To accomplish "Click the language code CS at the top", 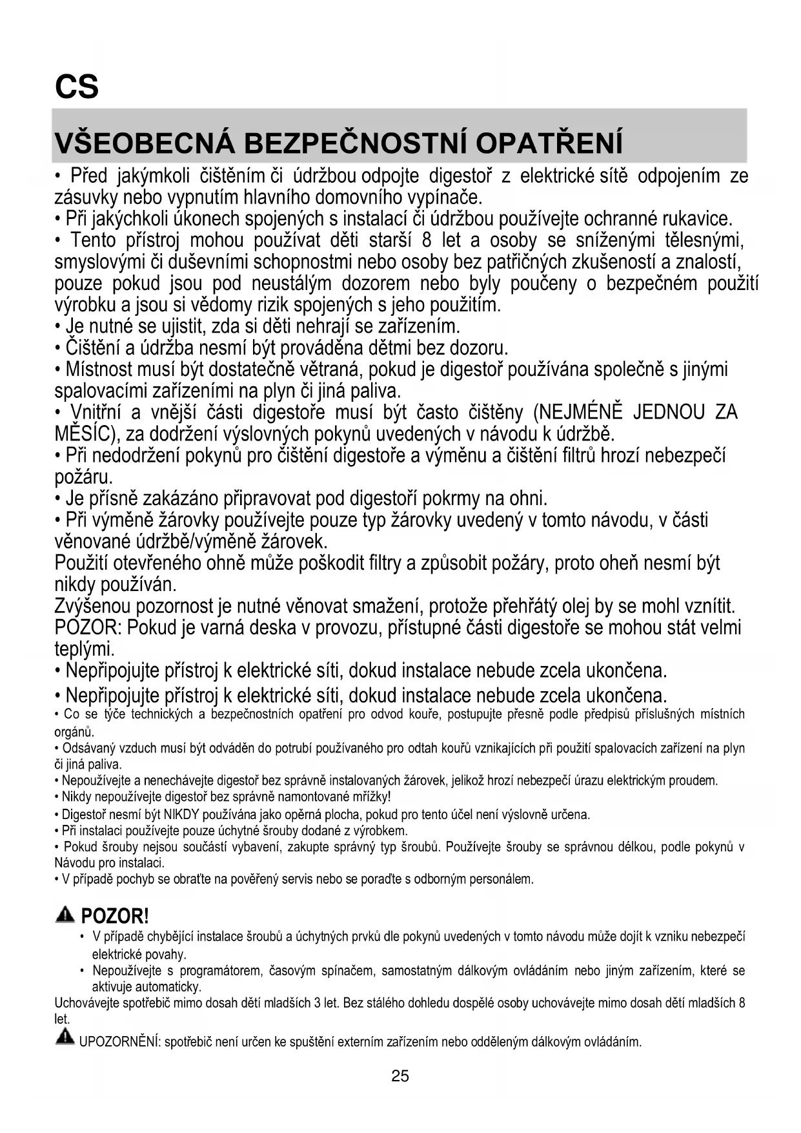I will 77,86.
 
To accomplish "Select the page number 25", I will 400,1076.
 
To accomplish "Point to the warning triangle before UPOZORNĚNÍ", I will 65,1038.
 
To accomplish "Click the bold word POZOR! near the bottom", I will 115,916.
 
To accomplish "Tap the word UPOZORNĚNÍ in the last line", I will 119,1042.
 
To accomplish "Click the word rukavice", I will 697,219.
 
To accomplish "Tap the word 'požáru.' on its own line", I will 84,478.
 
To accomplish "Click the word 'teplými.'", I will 85,649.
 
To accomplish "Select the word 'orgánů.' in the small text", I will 74,732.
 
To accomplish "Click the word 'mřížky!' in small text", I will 368,797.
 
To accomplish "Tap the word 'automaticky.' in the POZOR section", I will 147,987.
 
